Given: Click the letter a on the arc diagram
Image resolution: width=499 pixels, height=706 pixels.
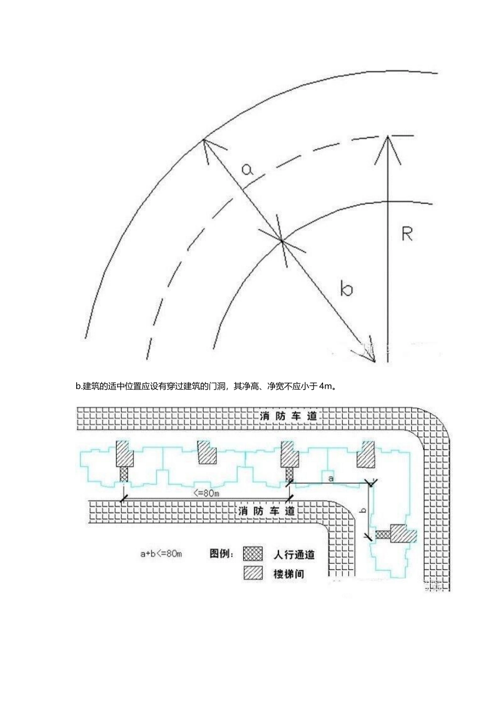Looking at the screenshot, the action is tap(247, 169).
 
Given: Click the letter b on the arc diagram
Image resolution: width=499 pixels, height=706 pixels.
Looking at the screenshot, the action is tap(346, 288).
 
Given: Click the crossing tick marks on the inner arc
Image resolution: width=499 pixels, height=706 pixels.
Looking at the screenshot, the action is tap(282, 241).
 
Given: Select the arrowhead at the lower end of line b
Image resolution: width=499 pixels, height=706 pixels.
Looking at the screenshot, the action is tap(370, 354).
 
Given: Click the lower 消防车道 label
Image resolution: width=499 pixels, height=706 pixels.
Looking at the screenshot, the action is tap(267, 511).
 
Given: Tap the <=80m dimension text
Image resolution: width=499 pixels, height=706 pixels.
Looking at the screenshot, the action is tap(206, 493).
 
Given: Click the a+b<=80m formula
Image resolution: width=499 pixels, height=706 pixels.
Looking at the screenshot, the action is tap(161, 554).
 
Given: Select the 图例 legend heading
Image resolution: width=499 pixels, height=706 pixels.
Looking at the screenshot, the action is tap(222, 554).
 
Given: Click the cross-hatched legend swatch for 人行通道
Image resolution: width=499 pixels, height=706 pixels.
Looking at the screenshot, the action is tap(253, 554).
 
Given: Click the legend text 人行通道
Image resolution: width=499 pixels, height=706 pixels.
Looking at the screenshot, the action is tap(294, 554).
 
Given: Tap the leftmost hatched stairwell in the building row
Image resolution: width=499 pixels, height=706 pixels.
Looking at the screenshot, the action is tap(124, 452).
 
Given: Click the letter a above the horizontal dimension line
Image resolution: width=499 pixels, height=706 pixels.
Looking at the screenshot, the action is tap(330, 478).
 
